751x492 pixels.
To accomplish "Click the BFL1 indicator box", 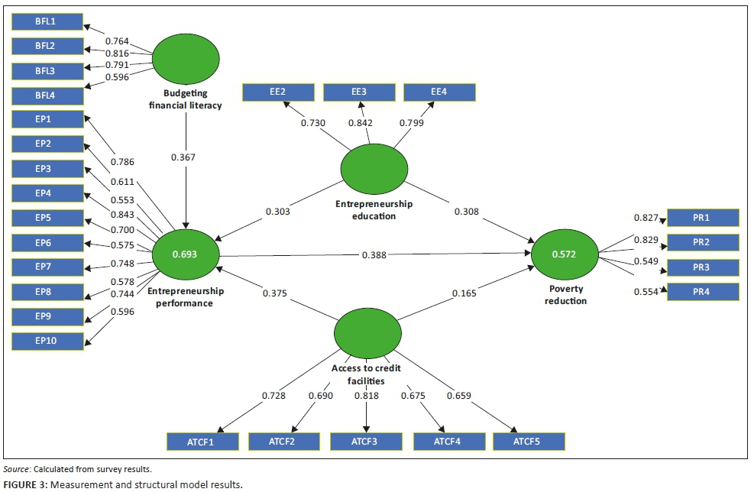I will point(47,21).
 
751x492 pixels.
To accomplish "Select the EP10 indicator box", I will point(47,341).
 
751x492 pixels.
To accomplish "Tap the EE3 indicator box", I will point(358,92).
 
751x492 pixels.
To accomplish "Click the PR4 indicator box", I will point(703,292).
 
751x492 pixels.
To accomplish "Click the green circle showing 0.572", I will point(565,254).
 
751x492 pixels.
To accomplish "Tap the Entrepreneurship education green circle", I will point(374,170).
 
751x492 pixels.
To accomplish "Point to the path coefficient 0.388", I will point(374,255).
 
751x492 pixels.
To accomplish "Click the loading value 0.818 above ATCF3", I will point(367,396).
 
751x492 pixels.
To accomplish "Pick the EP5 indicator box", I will point(47,218).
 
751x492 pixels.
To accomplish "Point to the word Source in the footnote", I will point(16,469).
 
